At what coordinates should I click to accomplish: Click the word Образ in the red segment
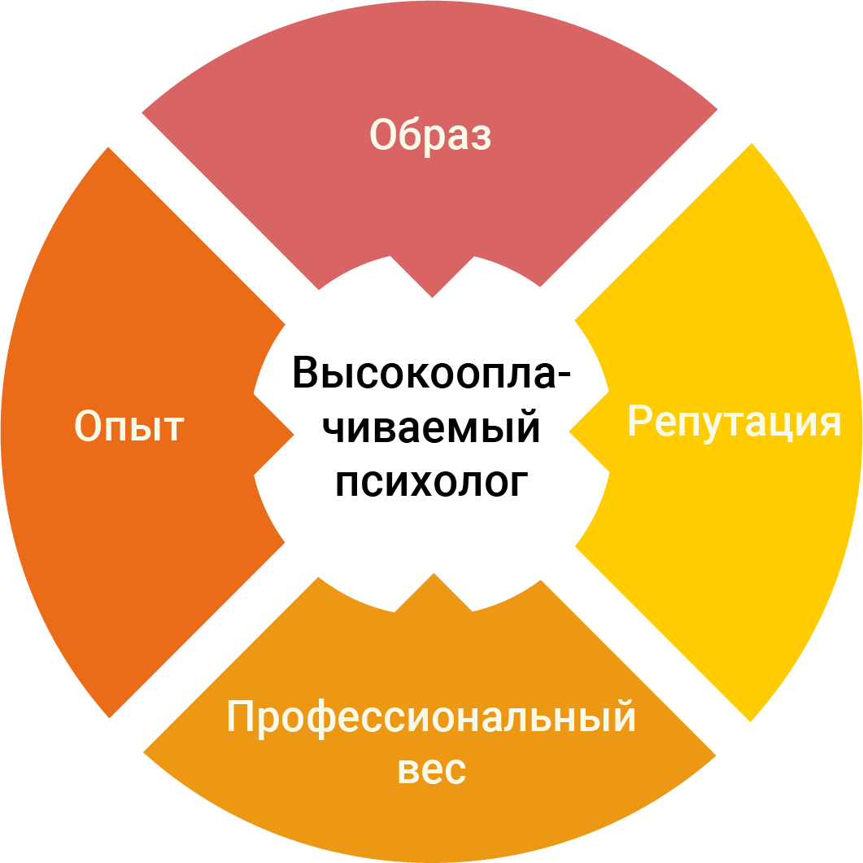tap(430, 135)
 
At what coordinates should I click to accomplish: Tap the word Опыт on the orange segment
tap(129, 427)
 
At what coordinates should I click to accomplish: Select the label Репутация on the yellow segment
tap(734, 422)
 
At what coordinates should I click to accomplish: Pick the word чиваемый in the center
tap(432, 427)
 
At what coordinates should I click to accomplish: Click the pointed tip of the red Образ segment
tap(432, 293)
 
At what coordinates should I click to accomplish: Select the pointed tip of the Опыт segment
tap(290, 431)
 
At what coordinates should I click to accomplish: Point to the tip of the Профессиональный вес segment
tap(432, 576)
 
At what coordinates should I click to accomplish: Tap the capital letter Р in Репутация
tap(639, 422)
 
